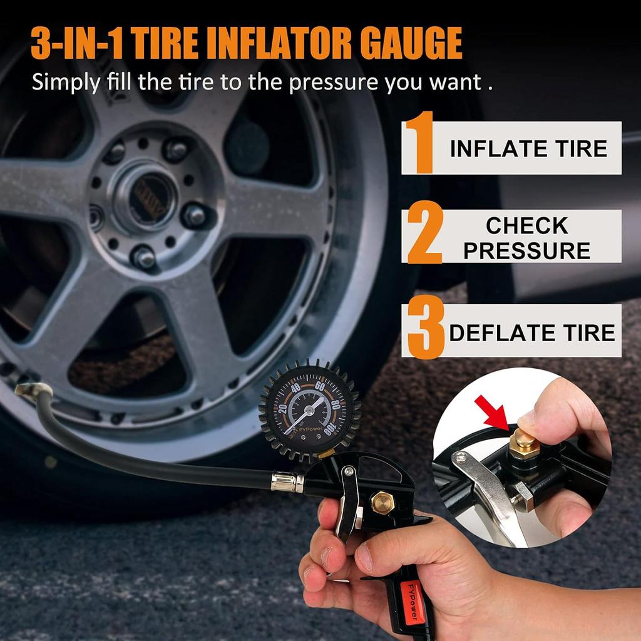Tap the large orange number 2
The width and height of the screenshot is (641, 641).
pyautogui.click(x=425, y=233)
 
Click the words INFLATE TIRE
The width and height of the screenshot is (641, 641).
pyautogui.click(x=528, y=149)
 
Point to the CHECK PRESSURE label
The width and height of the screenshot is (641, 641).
pyautogui.click(x=526, y=238)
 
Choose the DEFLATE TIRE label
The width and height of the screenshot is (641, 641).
pyautogui.click(x=532, y=333)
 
